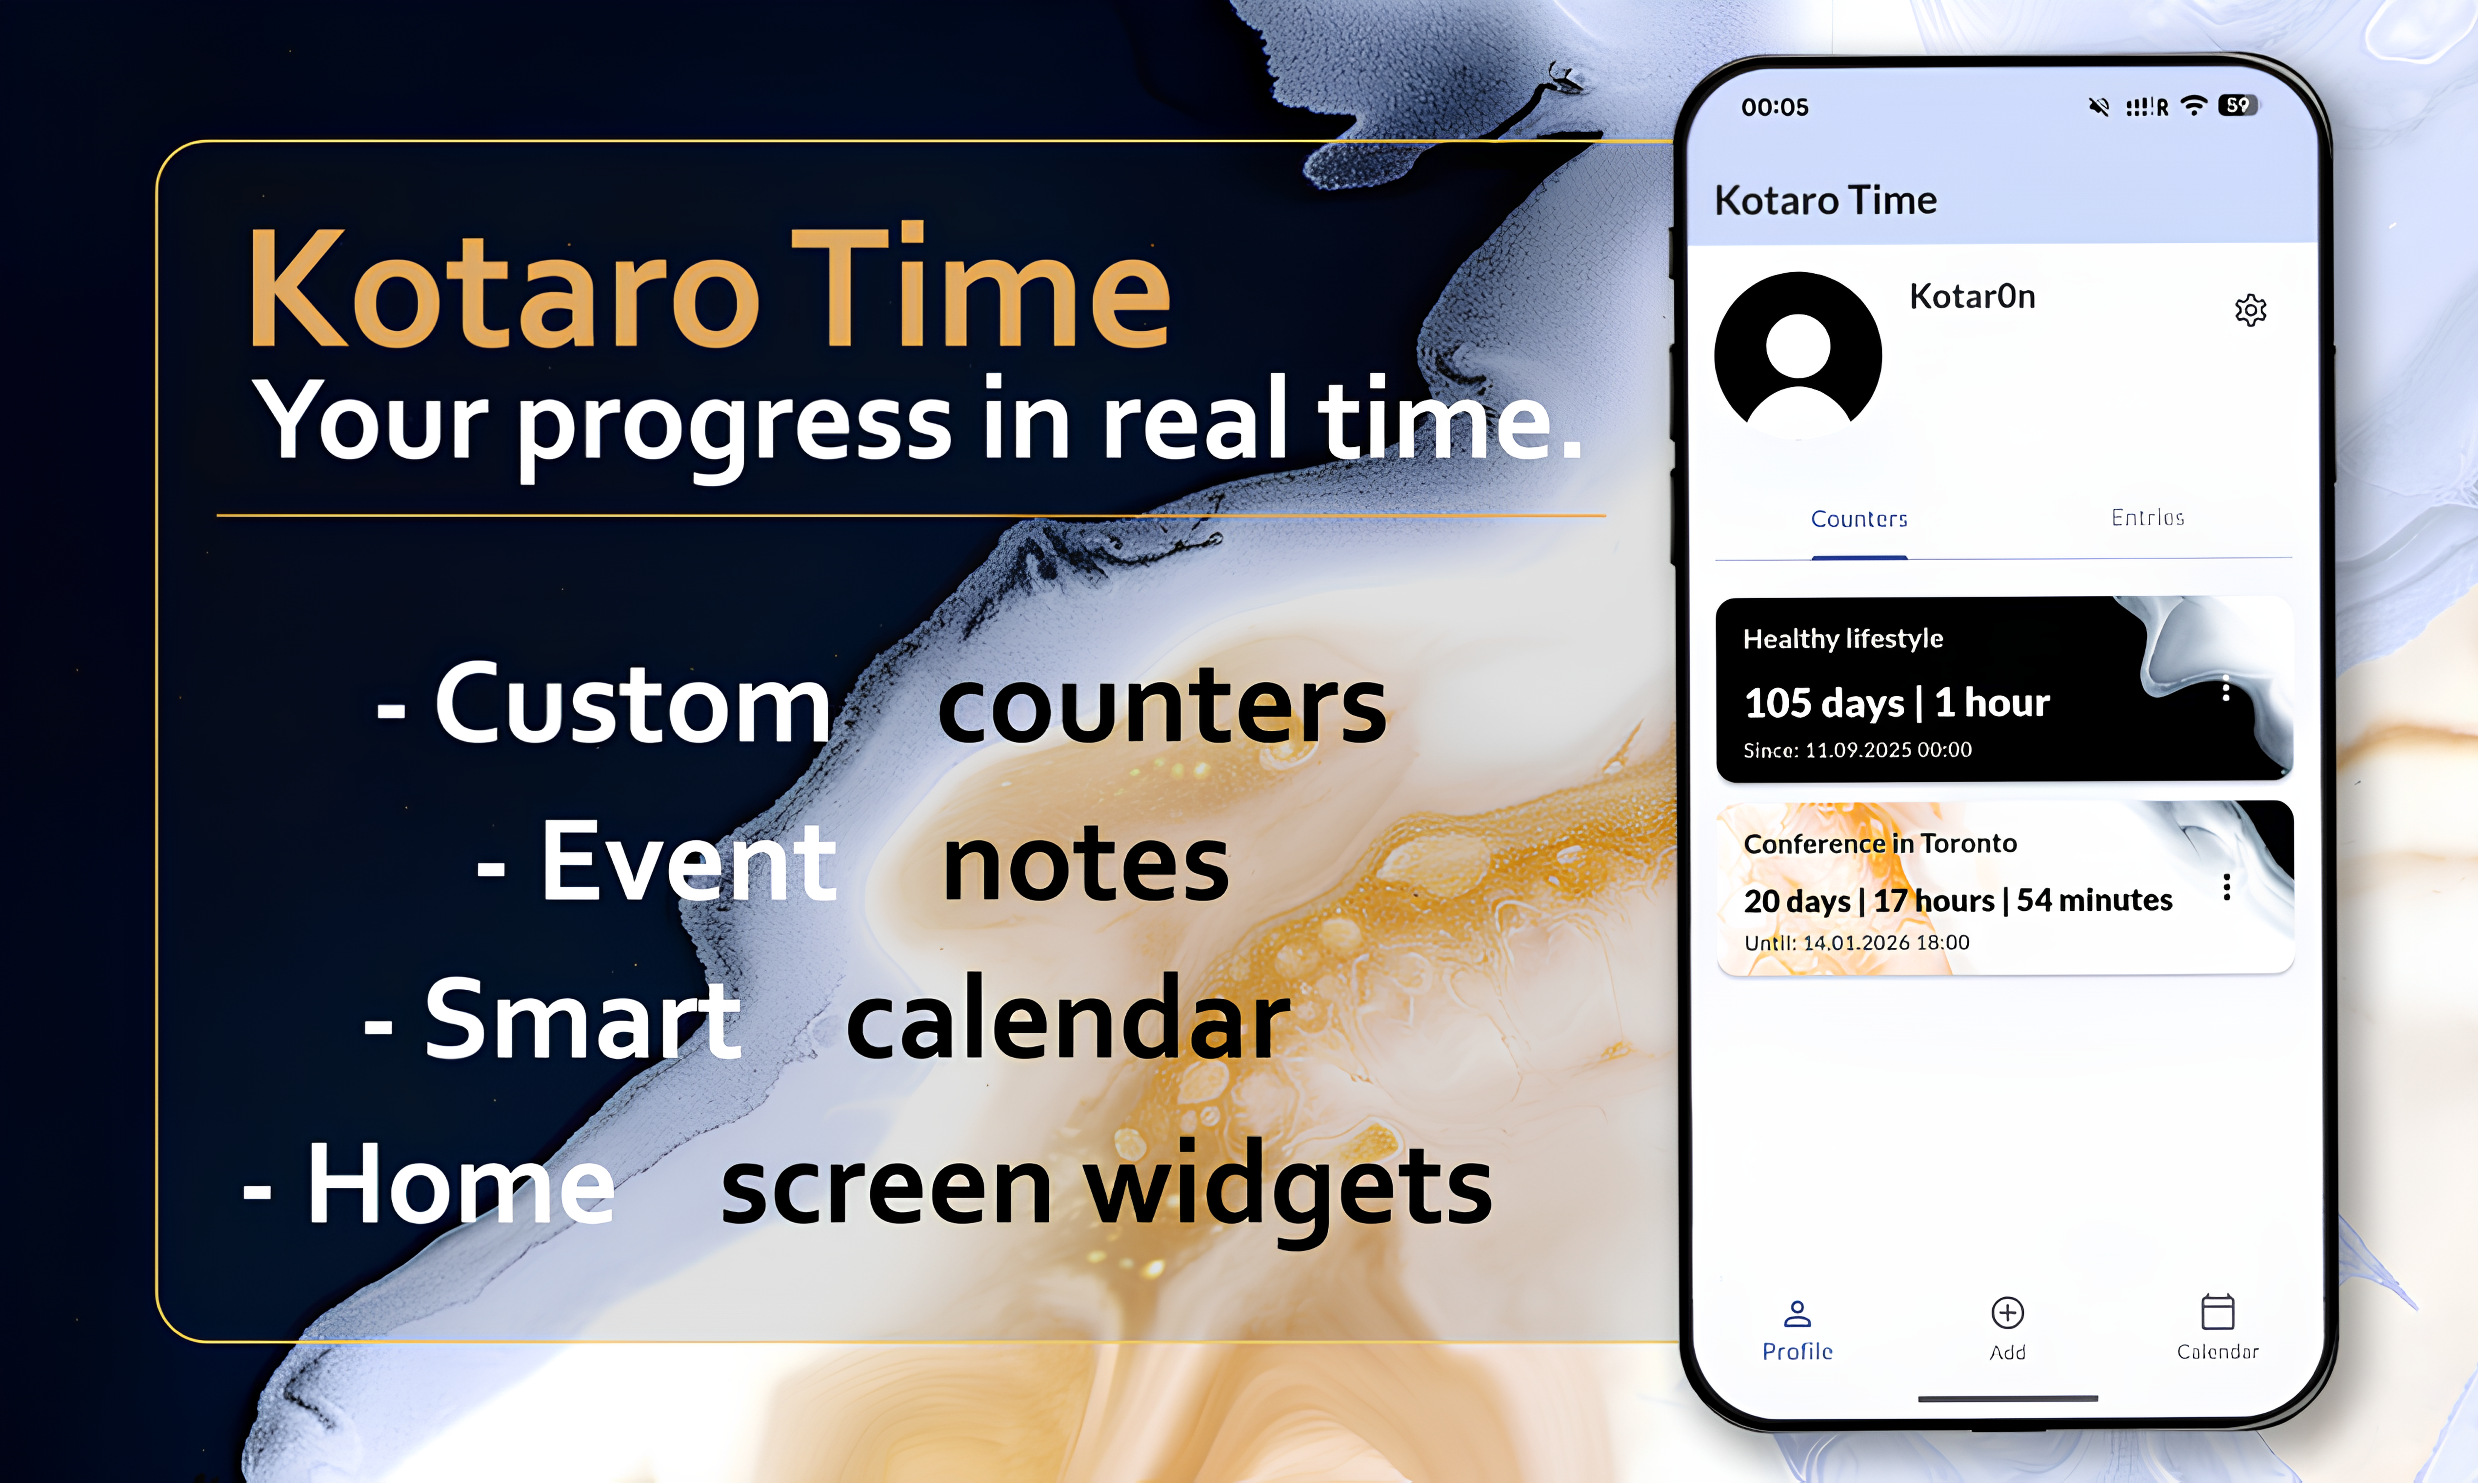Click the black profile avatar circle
click(x=1798, y=355)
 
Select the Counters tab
click(x=1858, y=519)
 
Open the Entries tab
click(x=2147, y=518)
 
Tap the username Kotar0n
click(x=1971, y=297)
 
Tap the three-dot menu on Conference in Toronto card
click(x=2226, y=887)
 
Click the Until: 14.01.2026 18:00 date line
click(x=1856, y=942)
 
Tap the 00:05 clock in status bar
click(x=1775, y=107)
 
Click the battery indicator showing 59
click(x=2237, y=105)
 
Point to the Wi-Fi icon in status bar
click(x=2193, y=106)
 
